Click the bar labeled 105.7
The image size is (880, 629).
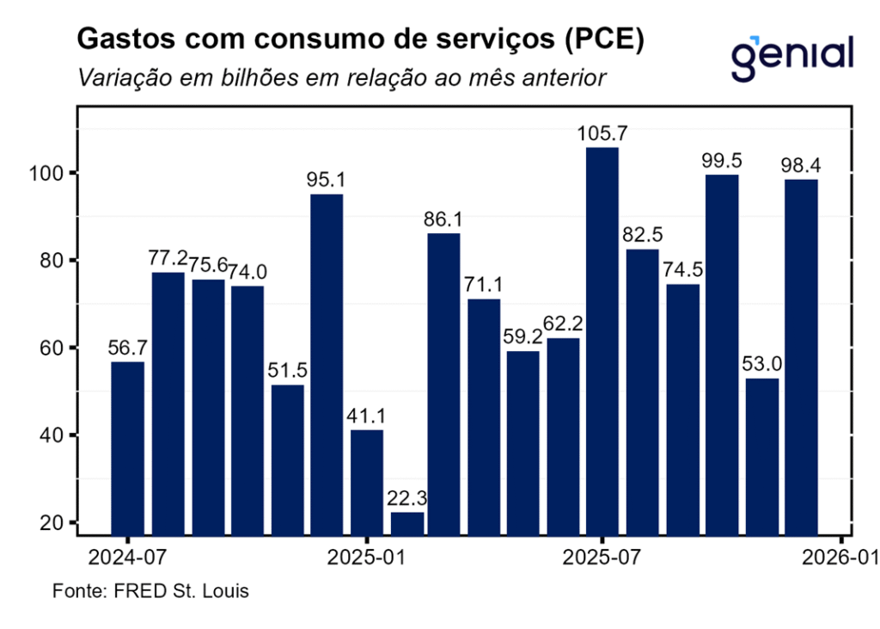coord(602,341)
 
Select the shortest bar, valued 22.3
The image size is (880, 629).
coord(406,523)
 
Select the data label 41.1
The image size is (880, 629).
coord(367,416)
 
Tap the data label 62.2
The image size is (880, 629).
coord(563,324)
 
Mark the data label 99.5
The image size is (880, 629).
coord(722,161)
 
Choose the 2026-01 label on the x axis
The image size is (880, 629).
coord(839,558)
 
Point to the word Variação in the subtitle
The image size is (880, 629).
coord(118,77)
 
